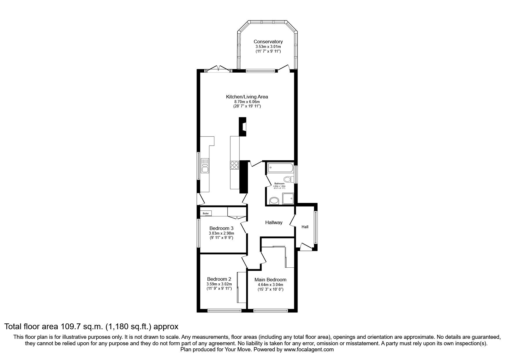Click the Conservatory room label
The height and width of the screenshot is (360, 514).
(x=268, y=42)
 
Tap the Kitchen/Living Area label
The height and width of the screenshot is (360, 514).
(x=247, y=97)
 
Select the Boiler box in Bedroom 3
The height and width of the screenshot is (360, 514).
(x=206, y=213)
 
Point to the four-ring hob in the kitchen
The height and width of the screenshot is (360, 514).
(x=234, y=165)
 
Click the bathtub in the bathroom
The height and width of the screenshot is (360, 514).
(x=280, y=168)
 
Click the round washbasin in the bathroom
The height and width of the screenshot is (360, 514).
(x=274, y=200)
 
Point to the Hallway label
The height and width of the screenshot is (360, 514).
(x=274, y=222)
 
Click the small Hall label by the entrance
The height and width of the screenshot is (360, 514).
(x=305, y=227)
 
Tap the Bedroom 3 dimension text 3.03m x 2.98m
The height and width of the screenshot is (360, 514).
(x=221, y=233)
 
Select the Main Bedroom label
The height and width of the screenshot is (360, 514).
(x=270, y=280)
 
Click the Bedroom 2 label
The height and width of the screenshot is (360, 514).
(x=219, y=279)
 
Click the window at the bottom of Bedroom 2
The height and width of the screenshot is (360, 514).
(x=225, y=311)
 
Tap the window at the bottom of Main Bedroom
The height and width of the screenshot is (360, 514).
(x=270, y=311)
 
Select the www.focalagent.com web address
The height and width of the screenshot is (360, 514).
(x=309, y=350)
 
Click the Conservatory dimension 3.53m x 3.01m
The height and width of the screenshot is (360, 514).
(x=268, y=46)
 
